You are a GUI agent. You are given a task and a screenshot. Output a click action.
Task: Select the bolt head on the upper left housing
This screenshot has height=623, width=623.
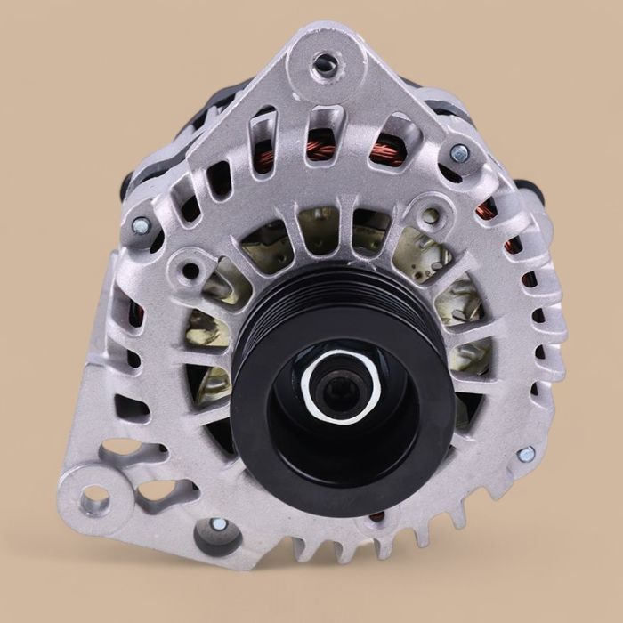pyautogui.click(x=141, y=226)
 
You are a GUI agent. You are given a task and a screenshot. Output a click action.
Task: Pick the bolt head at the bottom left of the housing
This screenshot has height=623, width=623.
pyautogui.click(x=216, y=526)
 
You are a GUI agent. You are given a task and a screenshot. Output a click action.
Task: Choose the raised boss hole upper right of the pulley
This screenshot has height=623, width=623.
pyautogui.click(x=432, y=214)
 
